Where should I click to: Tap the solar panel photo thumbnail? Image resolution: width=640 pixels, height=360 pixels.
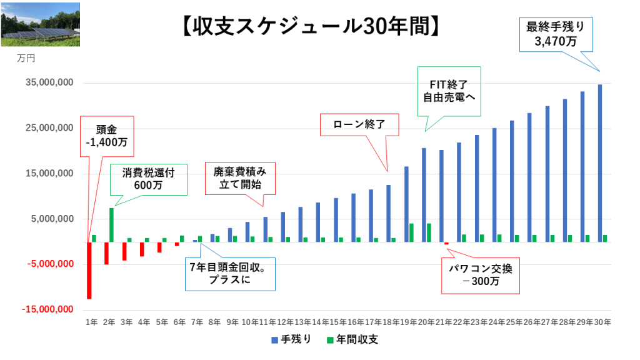[x=40, y=24]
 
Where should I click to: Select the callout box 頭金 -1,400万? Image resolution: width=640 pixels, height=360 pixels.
[x=106, y=136]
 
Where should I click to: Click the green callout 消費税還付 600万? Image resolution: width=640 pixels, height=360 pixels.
[x=149, y=179]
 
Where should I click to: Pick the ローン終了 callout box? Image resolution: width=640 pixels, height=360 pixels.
[x=359, y=124]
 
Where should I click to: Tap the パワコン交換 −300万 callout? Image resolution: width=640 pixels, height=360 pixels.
[x=480, y=275]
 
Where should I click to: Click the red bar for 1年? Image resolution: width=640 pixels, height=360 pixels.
[x=89, y=270]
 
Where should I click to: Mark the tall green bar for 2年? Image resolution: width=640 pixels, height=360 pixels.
[x=111, y=224]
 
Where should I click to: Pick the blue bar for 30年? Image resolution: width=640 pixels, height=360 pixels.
[x=600, y=162]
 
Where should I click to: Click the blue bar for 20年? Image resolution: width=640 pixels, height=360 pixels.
[x=424, y=194]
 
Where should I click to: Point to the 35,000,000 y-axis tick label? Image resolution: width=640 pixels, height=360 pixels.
[x=48, y=83]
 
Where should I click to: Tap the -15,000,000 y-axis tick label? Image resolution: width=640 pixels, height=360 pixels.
[x=47, y=309]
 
